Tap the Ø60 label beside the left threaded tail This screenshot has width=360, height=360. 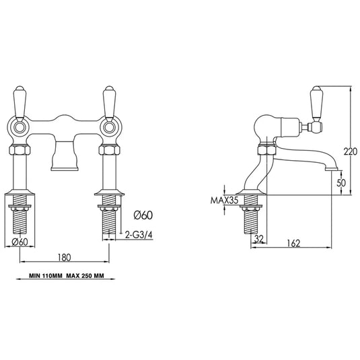pyautogui.click(x=20, y=242)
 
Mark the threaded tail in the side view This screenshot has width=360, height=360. pyautogui.click(x=252, y=219)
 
